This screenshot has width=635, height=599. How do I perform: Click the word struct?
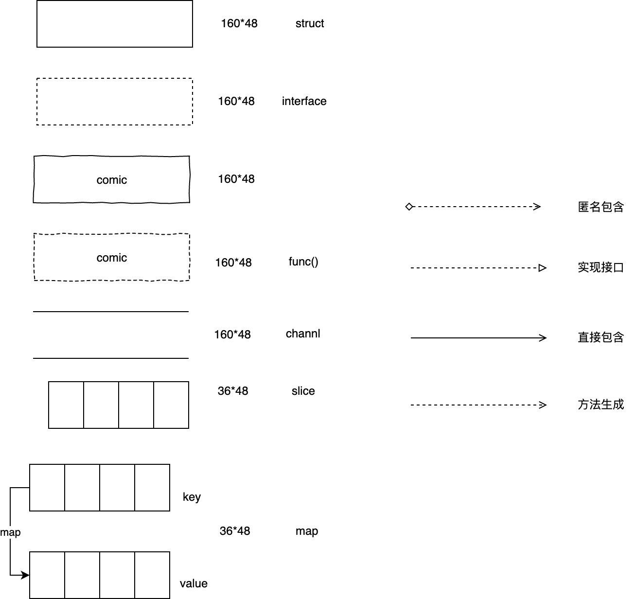point(310,23)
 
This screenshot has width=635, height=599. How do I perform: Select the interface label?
point(304,101)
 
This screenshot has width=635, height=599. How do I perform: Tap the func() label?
point(303,262)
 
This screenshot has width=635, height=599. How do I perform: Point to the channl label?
point(303,334)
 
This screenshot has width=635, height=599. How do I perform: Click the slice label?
point(303,391)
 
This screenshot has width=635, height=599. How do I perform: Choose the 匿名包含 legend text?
point(600,207)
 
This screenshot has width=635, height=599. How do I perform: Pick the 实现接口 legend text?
point(600,267)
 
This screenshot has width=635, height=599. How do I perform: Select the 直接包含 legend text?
point(600,337)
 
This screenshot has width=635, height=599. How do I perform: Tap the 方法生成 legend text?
point(600,405)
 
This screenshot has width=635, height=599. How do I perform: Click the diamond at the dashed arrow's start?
point(409,207)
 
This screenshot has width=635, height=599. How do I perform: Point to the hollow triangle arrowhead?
point(543,268)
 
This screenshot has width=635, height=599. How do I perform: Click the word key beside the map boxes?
point(192,497)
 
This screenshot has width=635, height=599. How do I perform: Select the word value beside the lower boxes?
point(194,583)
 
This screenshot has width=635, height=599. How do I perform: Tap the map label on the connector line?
point(10,532)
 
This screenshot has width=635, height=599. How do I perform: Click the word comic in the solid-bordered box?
point(111,180)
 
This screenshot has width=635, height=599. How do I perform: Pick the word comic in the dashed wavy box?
point(111,258)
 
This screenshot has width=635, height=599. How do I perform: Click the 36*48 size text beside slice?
point(233,391)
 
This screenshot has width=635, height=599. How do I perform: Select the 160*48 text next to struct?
point(239,23)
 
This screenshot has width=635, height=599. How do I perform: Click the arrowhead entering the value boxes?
point(26,576)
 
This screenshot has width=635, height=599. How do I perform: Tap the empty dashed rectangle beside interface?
point(115,102)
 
